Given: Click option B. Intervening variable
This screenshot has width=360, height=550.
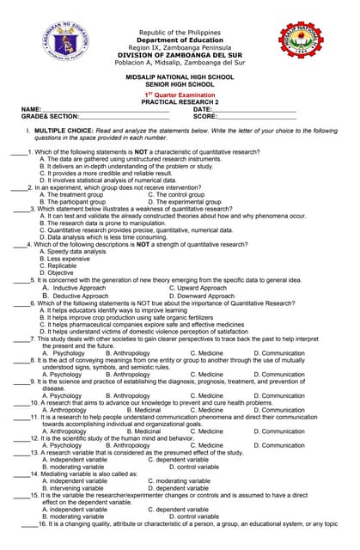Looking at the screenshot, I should click(75, 487).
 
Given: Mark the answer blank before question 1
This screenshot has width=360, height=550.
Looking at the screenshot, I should click(19, 151).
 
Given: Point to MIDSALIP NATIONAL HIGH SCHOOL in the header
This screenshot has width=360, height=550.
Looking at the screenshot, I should click(180, 77).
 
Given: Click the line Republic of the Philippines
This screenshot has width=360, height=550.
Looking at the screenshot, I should click(180, 33).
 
